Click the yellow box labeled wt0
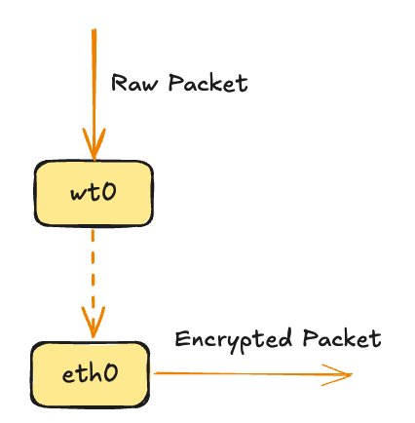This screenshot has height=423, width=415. click(x=94, y=192)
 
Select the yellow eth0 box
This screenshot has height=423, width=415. click(x=90, y=373)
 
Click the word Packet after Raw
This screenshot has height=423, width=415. click(x=207, y=83)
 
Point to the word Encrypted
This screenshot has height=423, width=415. click(x=234, y=340)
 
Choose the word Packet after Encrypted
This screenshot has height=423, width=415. click(x=340, y=339)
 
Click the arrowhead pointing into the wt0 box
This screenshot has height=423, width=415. click(x=94, y=149)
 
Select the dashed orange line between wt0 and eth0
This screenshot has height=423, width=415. click(x=94, y=268)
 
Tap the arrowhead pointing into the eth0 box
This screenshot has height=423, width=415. click(x=94, y=325)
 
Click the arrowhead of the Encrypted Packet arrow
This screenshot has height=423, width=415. click(x=341, y=374)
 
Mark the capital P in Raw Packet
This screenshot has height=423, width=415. click(x=176, y=83)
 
